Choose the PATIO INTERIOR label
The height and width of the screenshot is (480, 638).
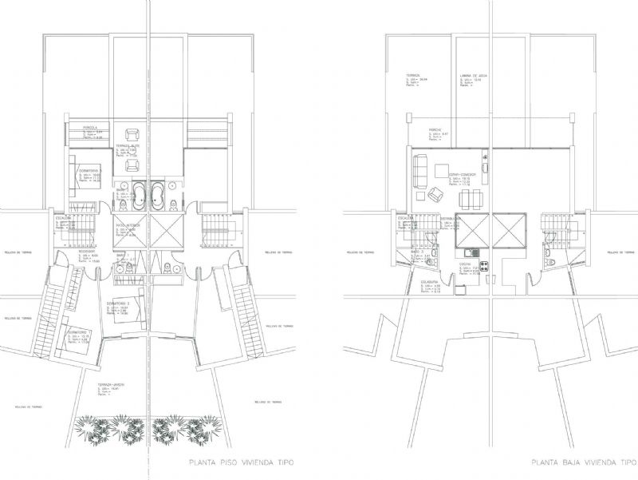click(129, 225)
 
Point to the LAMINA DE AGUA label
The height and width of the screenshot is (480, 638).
click(473, 76)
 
